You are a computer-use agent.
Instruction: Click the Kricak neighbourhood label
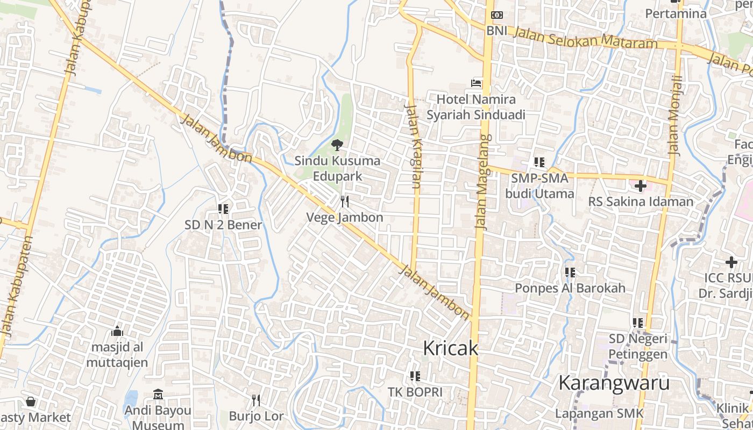(450, 348)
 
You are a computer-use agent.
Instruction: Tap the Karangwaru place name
(614, 383)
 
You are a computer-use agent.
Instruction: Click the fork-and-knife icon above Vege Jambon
(345, 202)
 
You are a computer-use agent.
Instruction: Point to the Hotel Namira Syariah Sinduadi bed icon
(476, 83)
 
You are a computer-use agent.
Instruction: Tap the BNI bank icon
(497, 15)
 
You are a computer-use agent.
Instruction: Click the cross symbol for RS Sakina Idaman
(640, 186)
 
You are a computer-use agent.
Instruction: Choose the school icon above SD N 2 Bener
(223, 209)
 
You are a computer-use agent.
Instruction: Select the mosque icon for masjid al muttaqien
(117, 331)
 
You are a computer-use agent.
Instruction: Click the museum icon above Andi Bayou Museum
(158, 395)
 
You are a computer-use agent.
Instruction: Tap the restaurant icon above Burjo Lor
(256, 400)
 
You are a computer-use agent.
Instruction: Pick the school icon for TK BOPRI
(415, 376)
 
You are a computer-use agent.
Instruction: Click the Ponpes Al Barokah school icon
(570, 273)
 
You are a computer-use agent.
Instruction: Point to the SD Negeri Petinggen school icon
(638, 323)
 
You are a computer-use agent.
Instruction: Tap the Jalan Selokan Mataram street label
(586, 38)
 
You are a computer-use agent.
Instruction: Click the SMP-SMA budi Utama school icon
(539, 162)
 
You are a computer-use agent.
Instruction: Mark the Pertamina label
(676, 14)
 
